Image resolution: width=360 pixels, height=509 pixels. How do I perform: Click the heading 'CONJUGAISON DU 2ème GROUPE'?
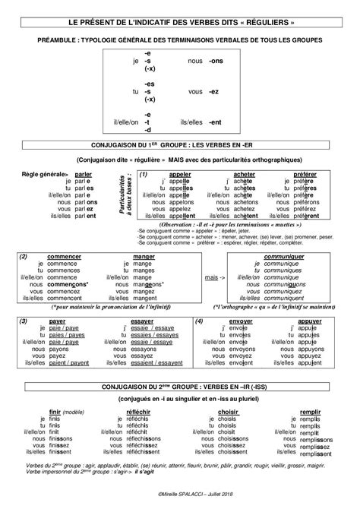point(180,387)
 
